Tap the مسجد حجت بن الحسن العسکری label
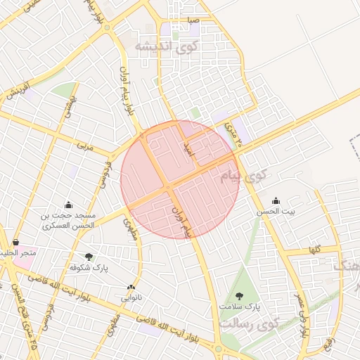click(x=68, y=221)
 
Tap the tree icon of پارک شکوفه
click(x=88, y=257)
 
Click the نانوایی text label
click(x=131, y=297)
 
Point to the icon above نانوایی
click(x=131, y=286)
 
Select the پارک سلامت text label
click(x=244, y=307)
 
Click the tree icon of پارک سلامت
click(x=240, y=295)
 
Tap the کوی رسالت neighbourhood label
click(x=249, y=324)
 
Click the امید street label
click(x=187, y=146)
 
